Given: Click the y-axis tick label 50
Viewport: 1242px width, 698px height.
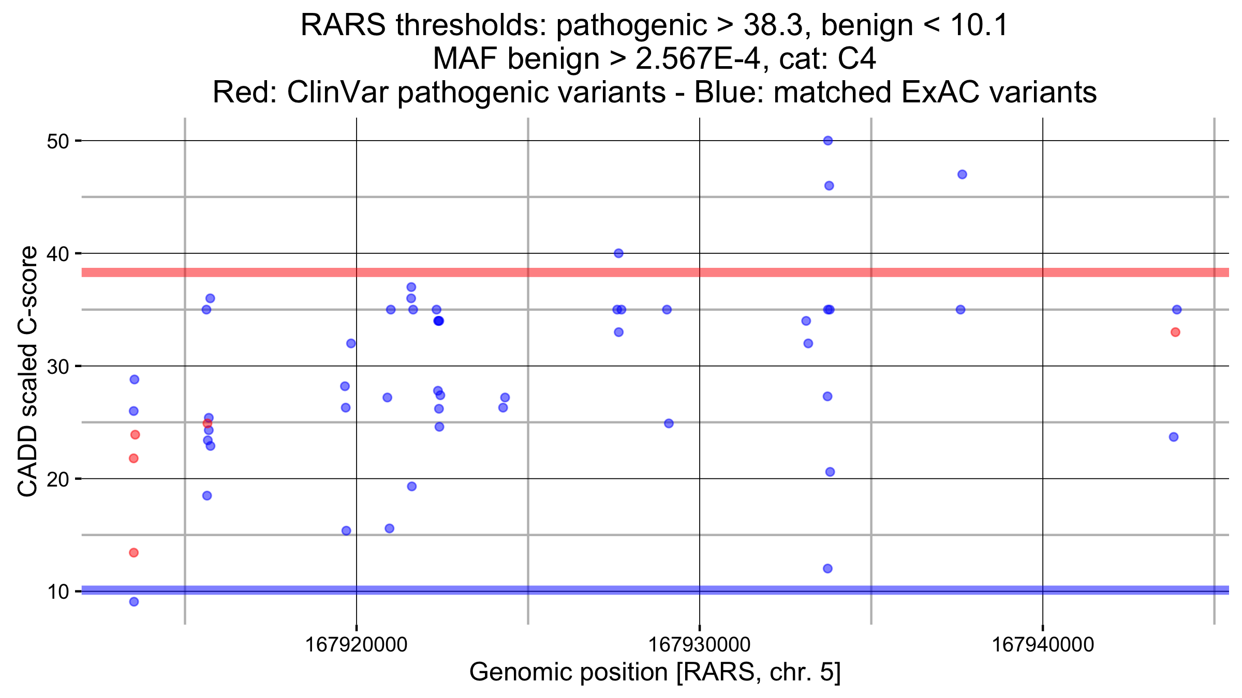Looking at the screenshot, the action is (x=57, y=141).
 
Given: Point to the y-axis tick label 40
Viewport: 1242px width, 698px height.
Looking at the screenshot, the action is (x=57, y=254).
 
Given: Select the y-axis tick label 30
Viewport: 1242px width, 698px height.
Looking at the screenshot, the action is (x=57, y=367).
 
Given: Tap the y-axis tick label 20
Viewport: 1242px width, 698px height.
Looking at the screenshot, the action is (x=57, y=479).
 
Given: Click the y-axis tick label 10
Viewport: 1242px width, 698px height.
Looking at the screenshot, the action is (x=57, y=591).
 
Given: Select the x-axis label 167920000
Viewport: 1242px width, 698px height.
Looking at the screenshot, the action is (x=357, y=645).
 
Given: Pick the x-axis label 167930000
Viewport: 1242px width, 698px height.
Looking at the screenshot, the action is (x=700, y=645).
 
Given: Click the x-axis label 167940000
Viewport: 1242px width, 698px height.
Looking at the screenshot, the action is (x=1043, y=645).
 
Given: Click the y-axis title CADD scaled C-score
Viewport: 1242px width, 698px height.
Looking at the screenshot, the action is (x=27, y=371).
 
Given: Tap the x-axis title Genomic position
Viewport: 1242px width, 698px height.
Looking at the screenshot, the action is (x=569, y=673).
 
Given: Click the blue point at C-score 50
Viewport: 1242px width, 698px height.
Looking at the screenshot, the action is (x=828, y=141).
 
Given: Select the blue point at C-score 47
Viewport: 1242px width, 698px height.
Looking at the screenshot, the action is (x=962, y=174).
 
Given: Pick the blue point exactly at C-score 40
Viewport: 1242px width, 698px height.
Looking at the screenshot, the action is (x=618, y=253).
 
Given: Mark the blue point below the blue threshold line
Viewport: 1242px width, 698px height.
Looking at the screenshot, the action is (x=134, y=602).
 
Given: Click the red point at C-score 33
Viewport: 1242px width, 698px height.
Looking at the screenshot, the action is (x=1175, y=332).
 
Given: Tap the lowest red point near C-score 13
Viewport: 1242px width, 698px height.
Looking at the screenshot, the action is (x=134, y=553).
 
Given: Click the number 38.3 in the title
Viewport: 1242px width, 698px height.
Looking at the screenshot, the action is (x=772, y=25).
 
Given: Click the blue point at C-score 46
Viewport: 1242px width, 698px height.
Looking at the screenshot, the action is (x=829, y=186).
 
